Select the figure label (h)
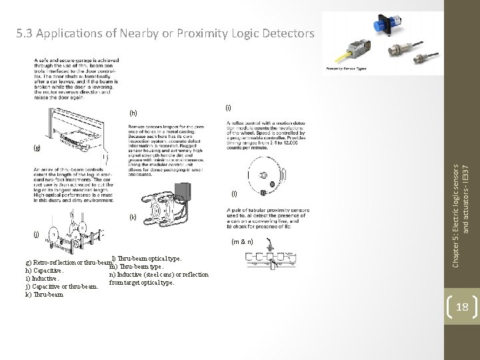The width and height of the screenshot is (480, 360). [134, 113]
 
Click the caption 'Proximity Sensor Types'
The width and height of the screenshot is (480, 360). [347, 69]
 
